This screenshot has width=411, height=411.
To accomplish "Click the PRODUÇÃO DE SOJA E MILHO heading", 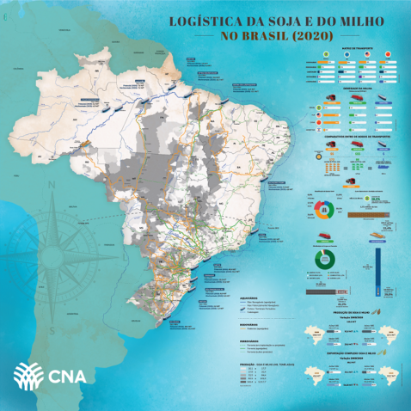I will click(x=350, y=313).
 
